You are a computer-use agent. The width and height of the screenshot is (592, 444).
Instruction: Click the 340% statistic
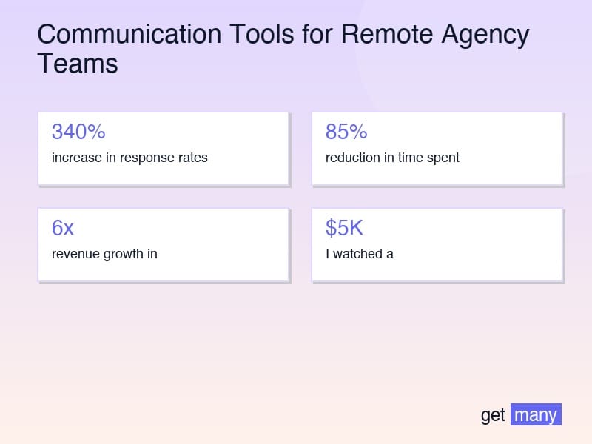pyautogui.click(x=78, y=132)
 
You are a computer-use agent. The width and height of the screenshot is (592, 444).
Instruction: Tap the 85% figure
pyautogui.click(x=346, y=132)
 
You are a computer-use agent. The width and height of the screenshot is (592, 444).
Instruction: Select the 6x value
pyautogui.click(x=63, y=228)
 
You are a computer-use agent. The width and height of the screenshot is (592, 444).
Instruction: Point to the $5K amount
pyautogui.click(x=344, y=228)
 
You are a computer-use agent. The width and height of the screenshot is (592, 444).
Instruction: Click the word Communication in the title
pyautogui.click(x=129, y=34)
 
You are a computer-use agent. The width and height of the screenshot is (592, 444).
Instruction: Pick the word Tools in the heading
pyautogui.click(x=262, y=34)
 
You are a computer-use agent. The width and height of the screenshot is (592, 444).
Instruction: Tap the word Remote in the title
pyautogui.click(x=387, y=34)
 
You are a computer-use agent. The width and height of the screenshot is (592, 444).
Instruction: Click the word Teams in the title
pyautogui.click(x=78, y=64)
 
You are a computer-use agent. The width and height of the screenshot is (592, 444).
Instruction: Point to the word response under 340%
pyautogui.click(x=147, y=158)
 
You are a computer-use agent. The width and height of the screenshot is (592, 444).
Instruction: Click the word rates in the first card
pyautogui.click(x=193, y=158)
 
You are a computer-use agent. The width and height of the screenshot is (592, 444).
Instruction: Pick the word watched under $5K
pyautogui.click(x=357, y=254)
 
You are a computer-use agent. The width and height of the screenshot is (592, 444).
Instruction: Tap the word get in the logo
pyautogui.click(x=493, y=415)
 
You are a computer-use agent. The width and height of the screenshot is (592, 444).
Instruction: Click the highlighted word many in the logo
pyautogui.click(x=536, y=414)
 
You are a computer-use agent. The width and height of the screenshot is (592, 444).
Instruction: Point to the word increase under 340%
pyautogui.click(x=77, y=158)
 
